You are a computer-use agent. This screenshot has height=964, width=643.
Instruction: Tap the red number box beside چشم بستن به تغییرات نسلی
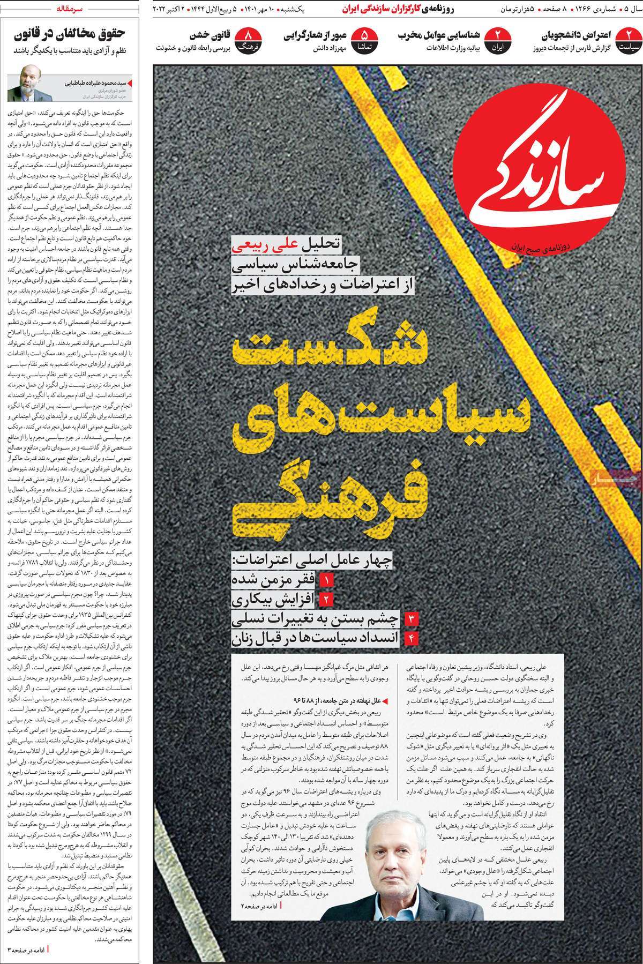coord(413,619)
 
